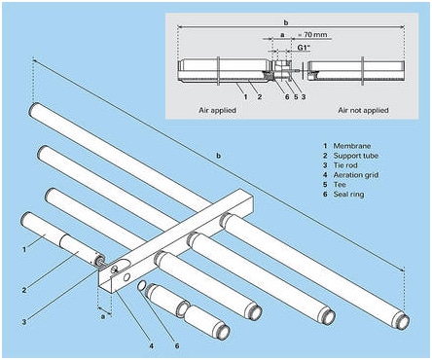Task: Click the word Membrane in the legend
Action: coord(352,146)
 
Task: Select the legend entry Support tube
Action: coord(356,156)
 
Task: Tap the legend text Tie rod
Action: coord(345,165)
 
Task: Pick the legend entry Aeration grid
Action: coord(356,175)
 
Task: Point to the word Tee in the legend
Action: coord(340,185)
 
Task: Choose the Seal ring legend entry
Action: coord(348,195)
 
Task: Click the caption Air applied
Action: coord(217,110)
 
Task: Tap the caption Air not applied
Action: coord(363,110)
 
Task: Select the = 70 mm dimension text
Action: coord(312,34)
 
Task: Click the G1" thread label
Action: coord(305,48)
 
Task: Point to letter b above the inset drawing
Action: coord(286,22)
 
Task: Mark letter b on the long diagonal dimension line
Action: coord(219,156)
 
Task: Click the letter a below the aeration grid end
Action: coord(103,316)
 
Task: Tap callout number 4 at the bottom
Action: coord(151,345)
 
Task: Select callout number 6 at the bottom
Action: coord(177,345)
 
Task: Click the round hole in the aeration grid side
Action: coord(127,276)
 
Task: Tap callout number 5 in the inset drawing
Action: coord(296,96)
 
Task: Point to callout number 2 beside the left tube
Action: coord(24,290)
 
